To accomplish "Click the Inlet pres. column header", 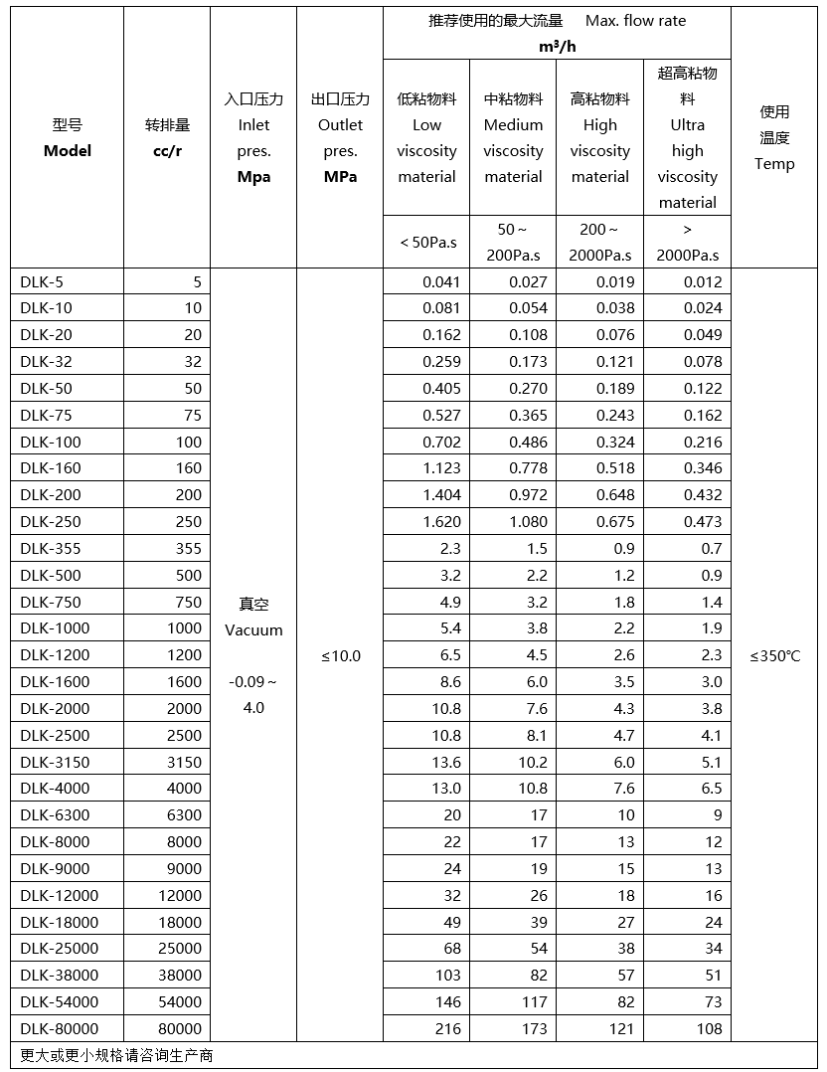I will (x=253, y=138).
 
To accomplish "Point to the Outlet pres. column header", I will (x=340, y=138).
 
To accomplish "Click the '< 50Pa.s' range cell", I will (x=427, y=242).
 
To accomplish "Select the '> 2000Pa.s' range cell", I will (x=687, y=242).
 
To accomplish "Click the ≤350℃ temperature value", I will (x=774, y=655).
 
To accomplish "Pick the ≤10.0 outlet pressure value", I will (x=341, y=655).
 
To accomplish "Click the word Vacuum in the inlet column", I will (x=253, y=629).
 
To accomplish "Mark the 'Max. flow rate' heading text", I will (x=635, y=20).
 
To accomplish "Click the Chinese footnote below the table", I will (x=116, y=1055).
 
